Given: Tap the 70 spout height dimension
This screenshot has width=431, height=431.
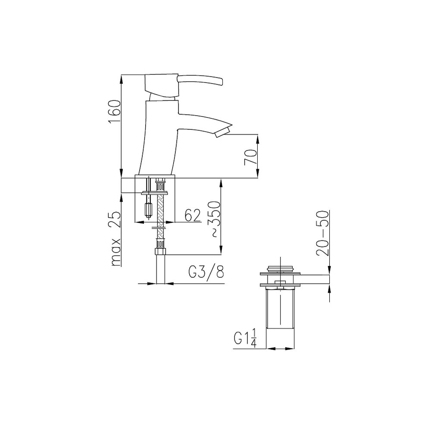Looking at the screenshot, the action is tap(250, 157).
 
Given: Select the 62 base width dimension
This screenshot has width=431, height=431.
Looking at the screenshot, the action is tap(192, 215).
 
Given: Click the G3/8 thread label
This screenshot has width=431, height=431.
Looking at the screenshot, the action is tap(206, 272).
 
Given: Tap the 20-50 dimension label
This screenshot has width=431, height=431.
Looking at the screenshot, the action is tap(322, 233).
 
